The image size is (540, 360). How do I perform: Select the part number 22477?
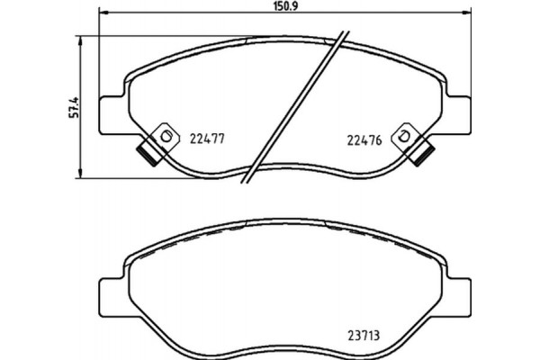[207, 139]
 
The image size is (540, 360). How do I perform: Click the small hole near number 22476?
[406, 136]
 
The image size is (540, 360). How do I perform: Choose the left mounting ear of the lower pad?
[109, 292]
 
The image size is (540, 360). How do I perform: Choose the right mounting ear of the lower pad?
[460, 292]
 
